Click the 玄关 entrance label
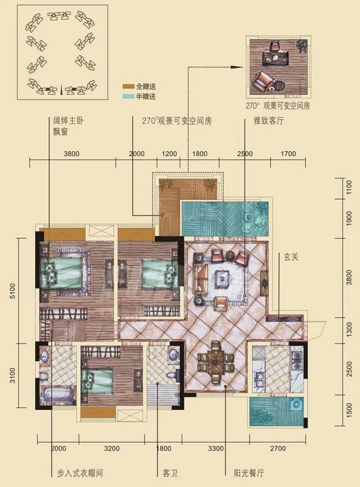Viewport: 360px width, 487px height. (x=288, y=258)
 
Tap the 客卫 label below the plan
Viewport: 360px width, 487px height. (x=169, y=473)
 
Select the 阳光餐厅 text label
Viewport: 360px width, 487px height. (x=245, y=473)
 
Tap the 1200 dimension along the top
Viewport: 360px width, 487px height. (x=170, y=154)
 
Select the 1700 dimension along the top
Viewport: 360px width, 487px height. (x=289, y=154)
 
